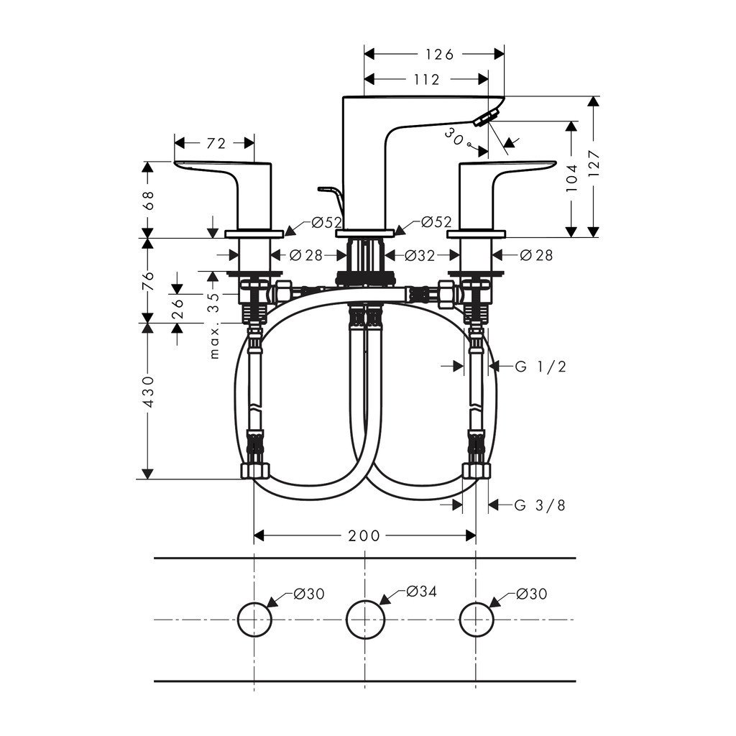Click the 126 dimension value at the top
click(x=439, y=55)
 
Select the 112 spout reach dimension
click(x=427, y=80)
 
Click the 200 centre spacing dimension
click(x=365, y=536)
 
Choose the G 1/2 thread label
click(x=540, y=367)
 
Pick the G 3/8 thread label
click(x=540, y=505)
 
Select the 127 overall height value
click(x=594, y=166)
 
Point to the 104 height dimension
click(x=571, y=177)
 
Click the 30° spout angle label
click(x=455, y=136)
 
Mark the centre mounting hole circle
click(x=365, y=619)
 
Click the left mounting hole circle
click(x=254, y=619)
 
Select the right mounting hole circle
click(x=476, y=619)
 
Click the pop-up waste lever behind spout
click(x=329, y=193)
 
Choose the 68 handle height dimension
click(x=148, y=199)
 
